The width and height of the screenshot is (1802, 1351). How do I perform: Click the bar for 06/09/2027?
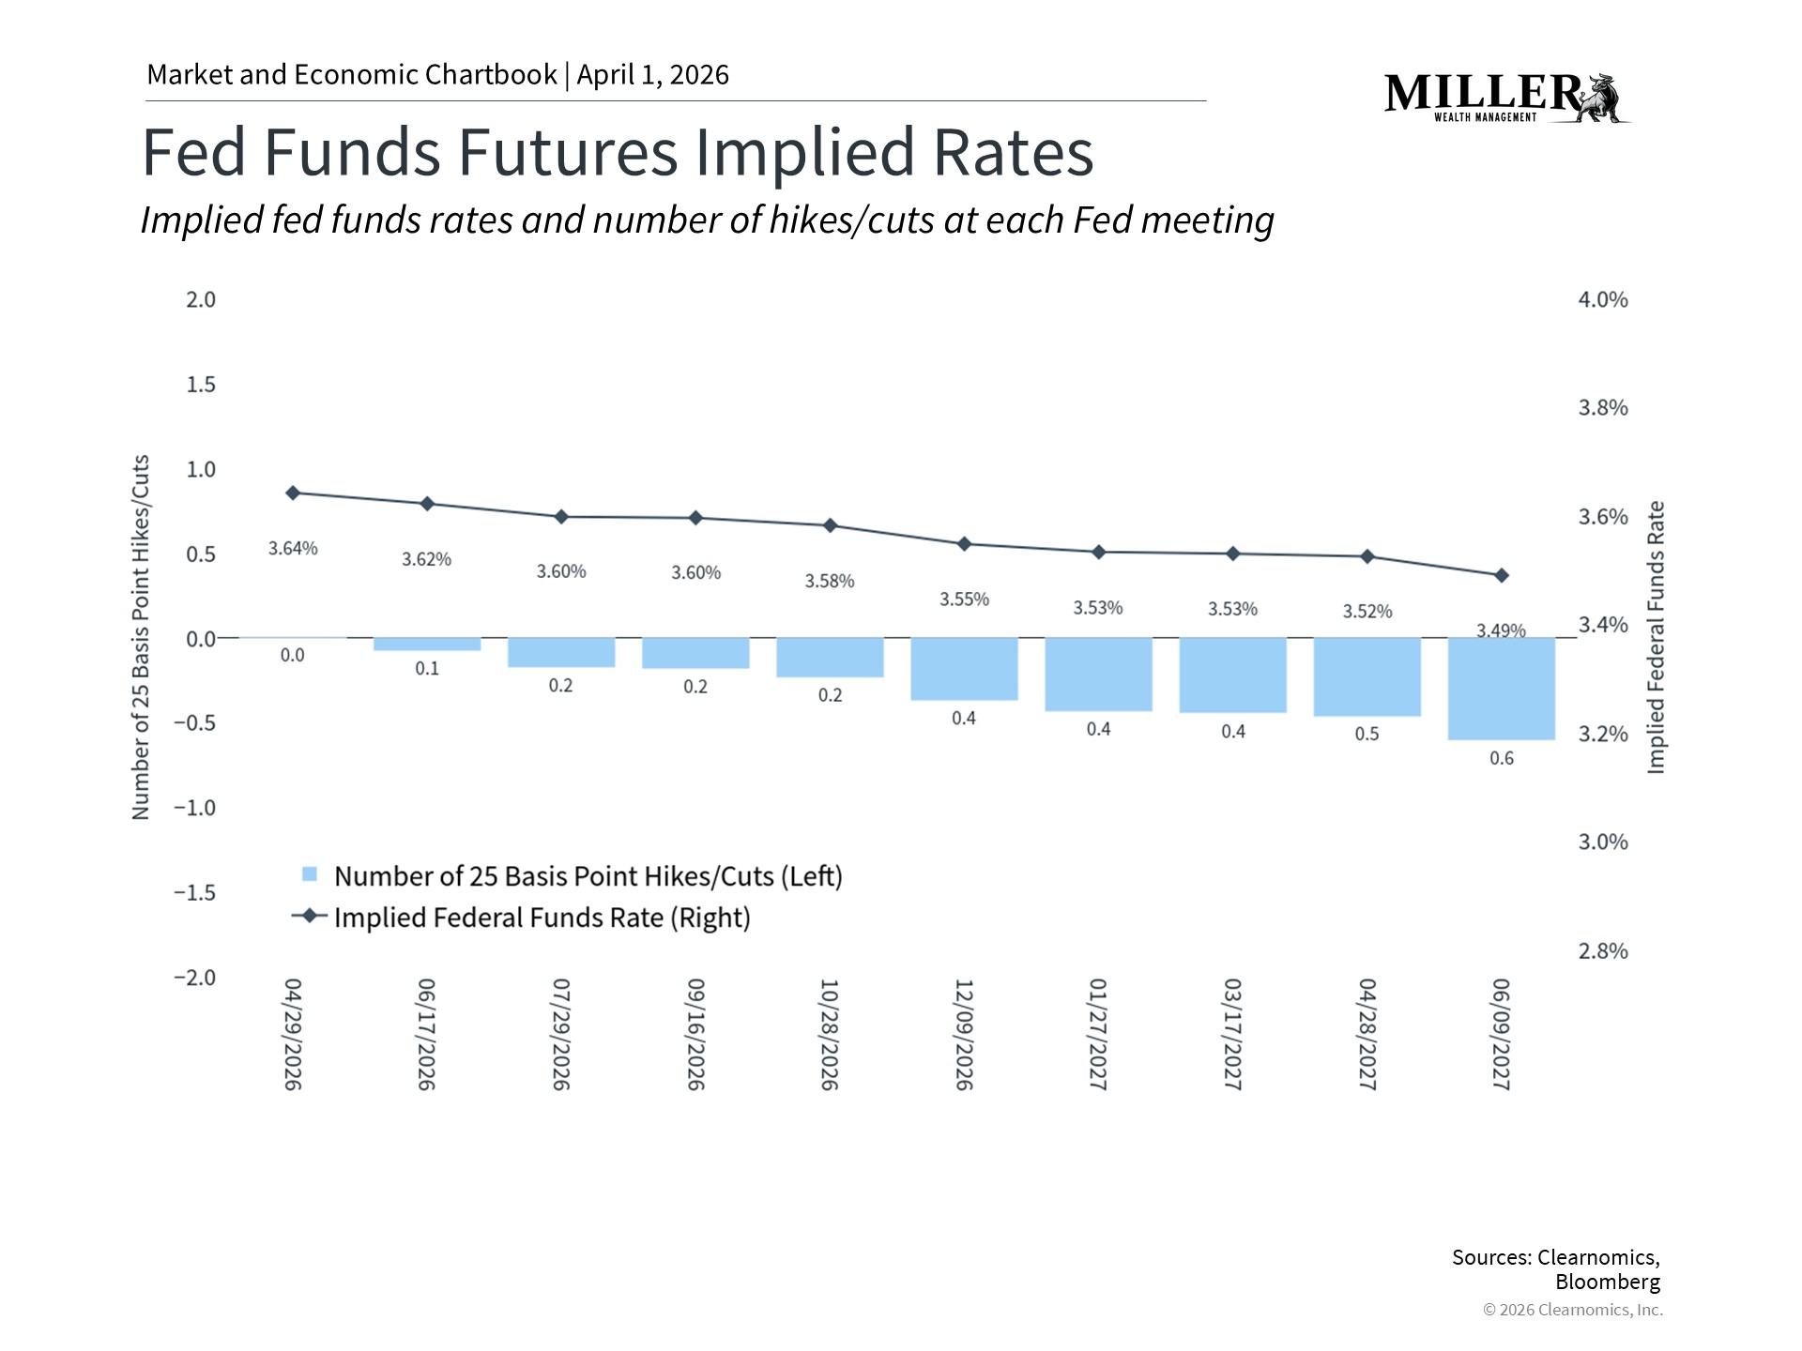1501,689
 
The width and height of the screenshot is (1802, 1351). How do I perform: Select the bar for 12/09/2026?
964,669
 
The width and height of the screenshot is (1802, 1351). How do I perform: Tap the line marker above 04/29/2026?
293,493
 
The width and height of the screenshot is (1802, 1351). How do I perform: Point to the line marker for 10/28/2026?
830,525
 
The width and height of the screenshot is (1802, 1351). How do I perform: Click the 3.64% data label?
293,548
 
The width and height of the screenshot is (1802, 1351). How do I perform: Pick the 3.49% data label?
1501,630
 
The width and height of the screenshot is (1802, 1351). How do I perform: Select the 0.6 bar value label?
1501,758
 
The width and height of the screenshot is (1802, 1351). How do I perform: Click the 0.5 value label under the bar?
1367,734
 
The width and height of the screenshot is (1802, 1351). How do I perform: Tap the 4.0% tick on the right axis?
1602,300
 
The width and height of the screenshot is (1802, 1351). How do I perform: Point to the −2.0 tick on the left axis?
194,978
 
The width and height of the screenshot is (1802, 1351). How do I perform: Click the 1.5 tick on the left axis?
200,385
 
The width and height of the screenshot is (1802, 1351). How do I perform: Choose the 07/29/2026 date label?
561,1034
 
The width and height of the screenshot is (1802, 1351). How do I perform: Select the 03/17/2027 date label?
1232,1034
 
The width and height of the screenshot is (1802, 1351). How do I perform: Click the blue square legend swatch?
310,874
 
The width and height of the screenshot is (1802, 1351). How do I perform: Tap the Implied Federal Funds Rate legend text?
542,918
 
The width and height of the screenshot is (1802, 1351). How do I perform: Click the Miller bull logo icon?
1602,99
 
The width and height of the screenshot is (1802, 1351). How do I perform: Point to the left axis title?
141,638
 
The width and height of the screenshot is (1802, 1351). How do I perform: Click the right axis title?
1656,638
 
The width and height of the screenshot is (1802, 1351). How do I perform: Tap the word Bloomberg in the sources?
1607,1282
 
